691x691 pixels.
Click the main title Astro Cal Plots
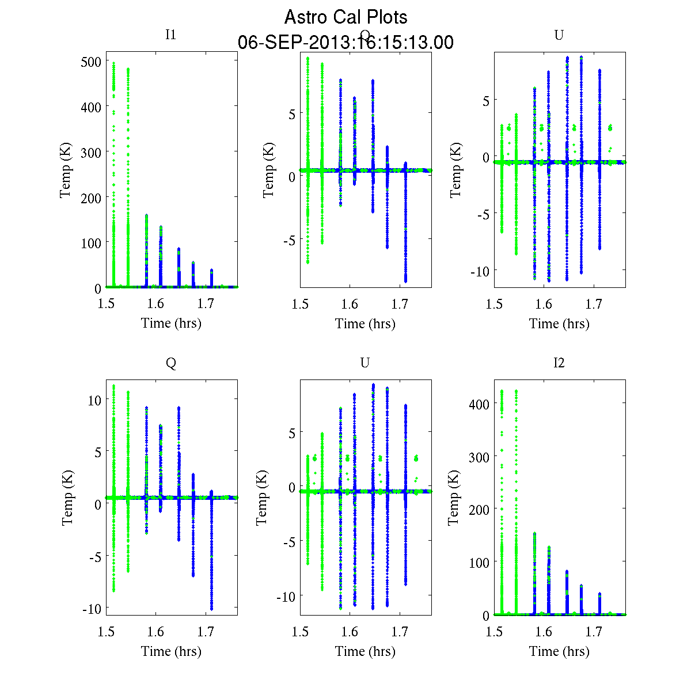[345, 17]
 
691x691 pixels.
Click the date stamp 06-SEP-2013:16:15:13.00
[345, 43]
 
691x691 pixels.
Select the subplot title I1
[170, 35]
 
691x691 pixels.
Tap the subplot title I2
[559, 362]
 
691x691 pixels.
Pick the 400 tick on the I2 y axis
[479, 404]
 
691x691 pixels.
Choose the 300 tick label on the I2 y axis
[479, 457]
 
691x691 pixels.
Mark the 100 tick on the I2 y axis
[479, 562]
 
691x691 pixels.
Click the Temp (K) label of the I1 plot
[66, 170]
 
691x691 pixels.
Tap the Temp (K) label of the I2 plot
[454, 498]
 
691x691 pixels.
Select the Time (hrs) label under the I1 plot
[171, 323]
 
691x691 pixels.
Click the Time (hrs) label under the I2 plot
[559, 651]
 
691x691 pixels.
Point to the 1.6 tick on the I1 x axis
[155, 303]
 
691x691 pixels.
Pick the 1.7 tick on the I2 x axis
[594, 632]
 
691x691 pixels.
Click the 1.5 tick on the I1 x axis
[106, 303]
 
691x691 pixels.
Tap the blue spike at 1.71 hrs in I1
[211, 278]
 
